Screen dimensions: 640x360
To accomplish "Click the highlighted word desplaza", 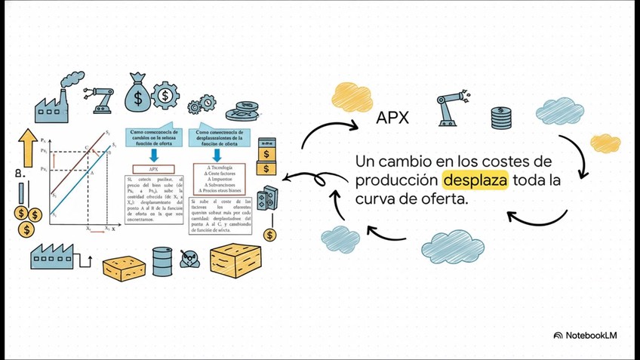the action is tap(475, 181).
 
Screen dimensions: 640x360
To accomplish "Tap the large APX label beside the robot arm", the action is tap(392, 118).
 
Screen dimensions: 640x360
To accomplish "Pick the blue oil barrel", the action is tap(162, 261).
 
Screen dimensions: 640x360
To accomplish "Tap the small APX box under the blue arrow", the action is tap(152, 168).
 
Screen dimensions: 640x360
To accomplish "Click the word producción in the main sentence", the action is tap(397, 181).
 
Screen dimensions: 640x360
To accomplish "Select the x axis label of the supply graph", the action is tap(114, 228).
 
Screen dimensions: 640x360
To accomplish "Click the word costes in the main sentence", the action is tap(524, 162).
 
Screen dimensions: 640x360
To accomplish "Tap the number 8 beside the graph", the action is tap(17, 174).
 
